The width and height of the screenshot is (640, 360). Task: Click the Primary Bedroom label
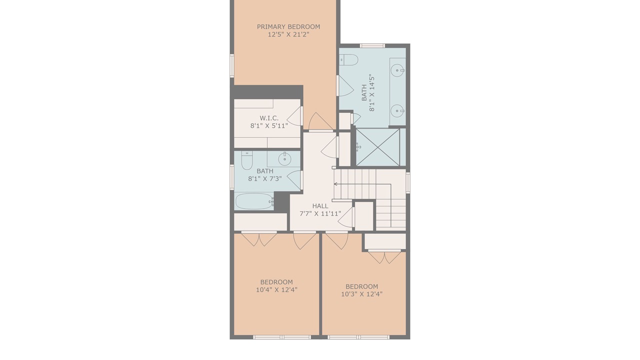(x=288, y=27)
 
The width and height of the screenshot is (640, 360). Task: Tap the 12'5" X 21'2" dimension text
(x=288, y=34)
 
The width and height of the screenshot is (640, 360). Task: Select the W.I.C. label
(x=269, y=118)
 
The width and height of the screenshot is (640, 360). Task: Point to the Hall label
(x=320, y=205)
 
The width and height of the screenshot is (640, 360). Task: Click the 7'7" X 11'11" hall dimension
(x=320, y=213)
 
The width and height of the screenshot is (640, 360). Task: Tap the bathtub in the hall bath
(x=254, y=201)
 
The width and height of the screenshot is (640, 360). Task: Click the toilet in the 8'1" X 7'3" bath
(x=247, y=160)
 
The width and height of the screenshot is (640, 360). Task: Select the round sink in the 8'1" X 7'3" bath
(x=284, y=159)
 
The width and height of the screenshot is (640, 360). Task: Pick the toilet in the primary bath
(x=349, y=59)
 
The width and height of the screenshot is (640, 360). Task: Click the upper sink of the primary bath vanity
(x=398, y=70)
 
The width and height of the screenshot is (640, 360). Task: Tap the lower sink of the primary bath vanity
(x=397, y=110)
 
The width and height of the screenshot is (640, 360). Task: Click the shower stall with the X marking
(x=377, y=147)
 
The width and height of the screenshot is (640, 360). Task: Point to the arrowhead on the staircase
(x=335, y=184)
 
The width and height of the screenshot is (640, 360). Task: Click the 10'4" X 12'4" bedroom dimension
(x=276, y=289)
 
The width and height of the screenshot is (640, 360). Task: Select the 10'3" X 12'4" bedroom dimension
(x=361, y=294)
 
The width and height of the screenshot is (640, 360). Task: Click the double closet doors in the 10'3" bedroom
(x=384, y=257)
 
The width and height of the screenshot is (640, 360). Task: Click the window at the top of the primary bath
(x=372, y=45)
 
